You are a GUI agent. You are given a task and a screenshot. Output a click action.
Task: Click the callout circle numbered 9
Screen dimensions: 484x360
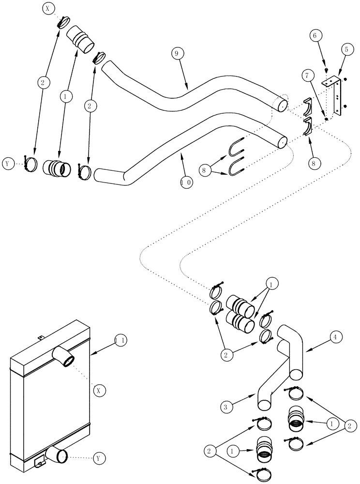177,53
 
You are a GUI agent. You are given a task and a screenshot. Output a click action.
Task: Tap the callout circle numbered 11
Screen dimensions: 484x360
121,340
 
